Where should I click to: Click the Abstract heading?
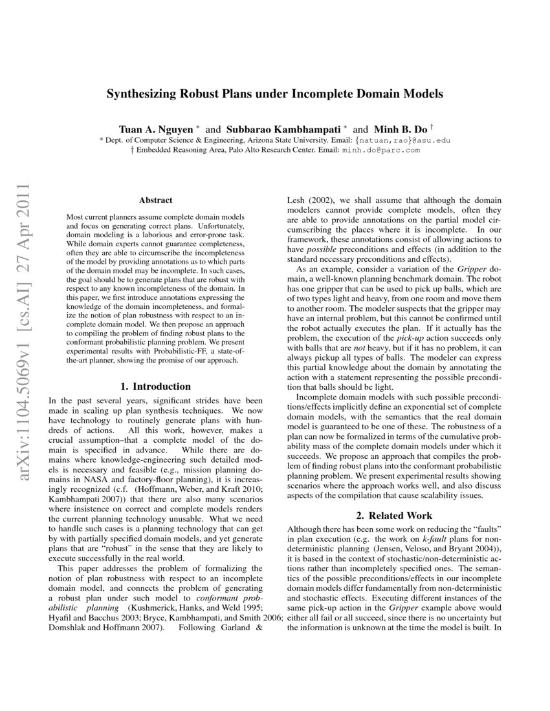click(155, 201)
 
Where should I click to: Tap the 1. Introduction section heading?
click(156, 387)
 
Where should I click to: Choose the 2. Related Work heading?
click(394, 516)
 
